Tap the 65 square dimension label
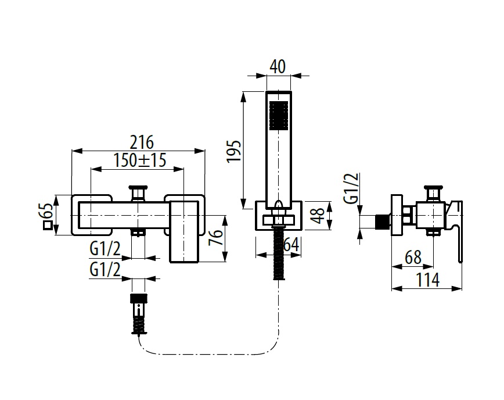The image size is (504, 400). (46, 215)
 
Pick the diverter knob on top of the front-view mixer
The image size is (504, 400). (138, 192)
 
